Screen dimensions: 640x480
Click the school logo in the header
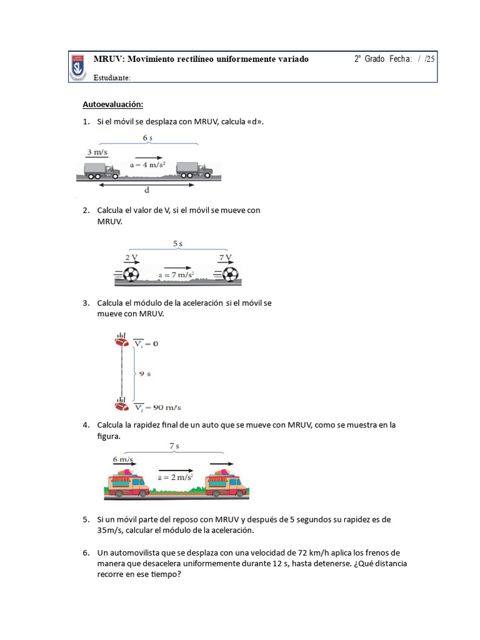click(x=78, y=67)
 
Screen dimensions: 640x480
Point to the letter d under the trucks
click(x=147, y=191)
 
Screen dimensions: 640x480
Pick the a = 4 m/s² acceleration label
click(x=147, y=166)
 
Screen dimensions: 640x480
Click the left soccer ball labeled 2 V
click(x=131, y=274)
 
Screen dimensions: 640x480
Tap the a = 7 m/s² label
click(x=176, y=274)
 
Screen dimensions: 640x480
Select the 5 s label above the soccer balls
click(x=177, y=243)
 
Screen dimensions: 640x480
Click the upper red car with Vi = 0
click(x=121, y=341)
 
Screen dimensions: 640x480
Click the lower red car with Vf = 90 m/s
click(x=121, y=405)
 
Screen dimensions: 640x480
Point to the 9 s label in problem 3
click(x=144, y=374)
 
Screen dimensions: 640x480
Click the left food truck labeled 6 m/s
click(x=128, y=482)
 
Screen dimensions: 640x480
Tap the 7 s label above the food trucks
click(x=174, y=446)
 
